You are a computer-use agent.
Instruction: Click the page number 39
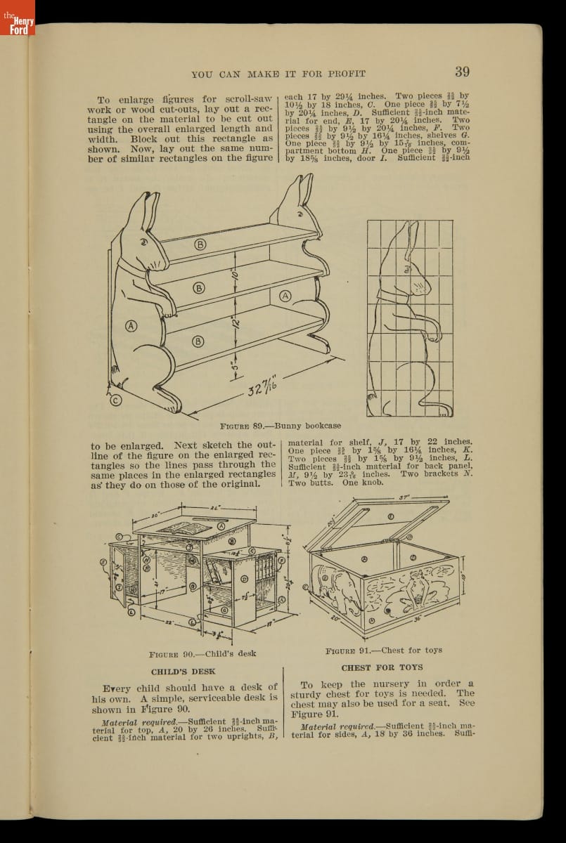point(462,71)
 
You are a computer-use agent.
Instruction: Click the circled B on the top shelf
point(200,244)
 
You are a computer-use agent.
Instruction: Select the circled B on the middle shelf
point(199,288)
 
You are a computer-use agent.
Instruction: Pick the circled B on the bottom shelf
point(198,342)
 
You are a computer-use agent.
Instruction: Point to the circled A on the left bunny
point(131,325)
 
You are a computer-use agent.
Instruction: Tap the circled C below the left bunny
point(116,400)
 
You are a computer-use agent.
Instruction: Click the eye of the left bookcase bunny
point(145,241)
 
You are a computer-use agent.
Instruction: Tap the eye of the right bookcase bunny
point(301,209)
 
